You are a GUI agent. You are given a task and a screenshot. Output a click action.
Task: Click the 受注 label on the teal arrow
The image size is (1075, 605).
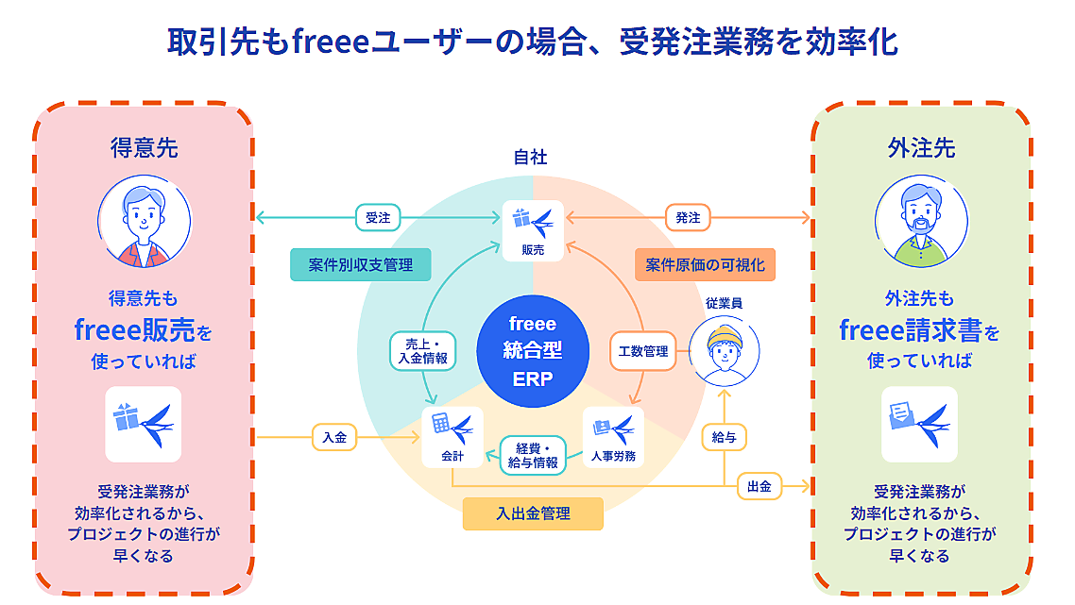click(x=378, y=217)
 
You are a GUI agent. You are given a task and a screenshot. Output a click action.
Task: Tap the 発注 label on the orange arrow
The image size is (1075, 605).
click(x=689, y=217)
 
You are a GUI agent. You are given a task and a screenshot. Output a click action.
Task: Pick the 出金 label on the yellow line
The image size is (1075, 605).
click(x=759, y=486)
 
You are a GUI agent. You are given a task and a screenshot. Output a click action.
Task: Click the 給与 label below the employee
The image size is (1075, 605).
click(x=724, y=437)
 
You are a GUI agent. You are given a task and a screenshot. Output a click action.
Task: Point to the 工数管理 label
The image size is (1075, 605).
click(x=643, y=351)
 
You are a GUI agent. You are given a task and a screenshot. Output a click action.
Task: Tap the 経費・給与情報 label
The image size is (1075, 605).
click(x=533, y=455)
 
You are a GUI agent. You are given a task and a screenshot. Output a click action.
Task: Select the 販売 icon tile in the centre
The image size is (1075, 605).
click(x=533, y=229)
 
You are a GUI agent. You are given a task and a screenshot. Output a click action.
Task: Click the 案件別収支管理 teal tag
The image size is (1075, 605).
click(x=360, y=265)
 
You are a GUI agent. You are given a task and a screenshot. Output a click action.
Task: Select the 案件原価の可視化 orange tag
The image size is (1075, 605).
click(x=705, y=265)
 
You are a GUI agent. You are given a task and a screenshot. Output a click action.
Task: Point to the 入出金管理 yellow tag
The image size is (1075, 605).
click(x=533, y=513)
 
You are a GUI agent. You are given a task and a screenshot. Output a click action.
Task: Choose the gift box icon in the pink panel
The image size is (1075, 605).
click(x=144, y=424)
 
